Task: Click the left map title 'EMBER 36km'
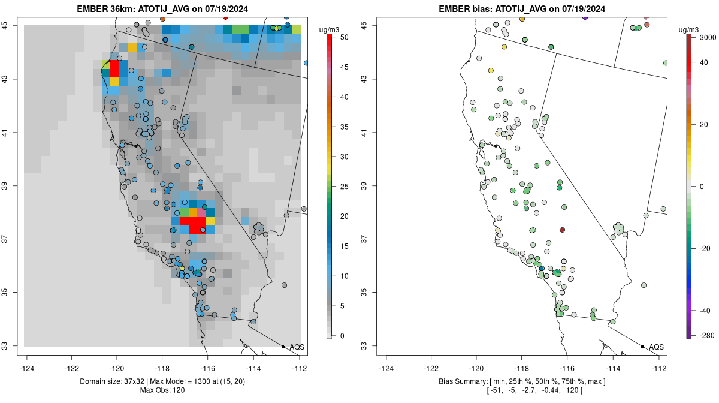(103, 9)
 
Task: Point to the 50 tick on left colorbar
(343, 37)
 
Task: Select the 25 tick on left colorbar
(343, 187)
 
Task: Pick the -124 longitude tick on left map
(26, 368)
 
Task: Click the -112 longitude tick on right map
(658, 368)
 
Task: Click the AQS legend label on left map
(297, 347)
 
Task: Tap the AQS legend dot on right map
(642, 347)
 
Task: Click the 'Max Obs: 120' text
(163, 390)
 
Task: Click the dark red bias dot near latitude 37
(562, 230)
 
